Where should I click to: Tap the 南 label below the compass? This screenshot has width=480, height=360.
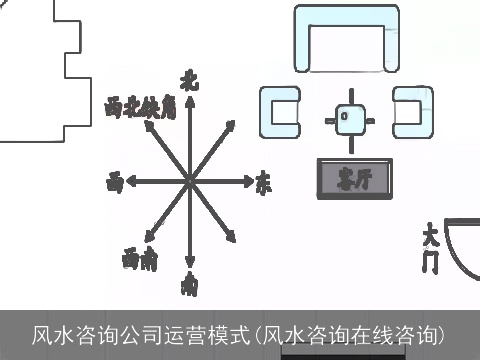coord(188,286)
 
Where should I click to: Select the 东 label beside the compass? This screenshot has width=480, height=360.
coord(263,183)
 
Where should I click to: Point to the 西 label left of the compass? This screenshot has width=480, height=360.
coord(116,183)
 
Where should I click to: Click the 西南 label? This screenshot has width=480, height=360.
coord(140,260)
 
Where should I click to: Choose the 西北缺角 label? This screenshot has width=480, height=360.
coord(140,108)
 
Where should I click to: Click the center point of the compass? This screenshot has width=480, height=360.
coord(189,183)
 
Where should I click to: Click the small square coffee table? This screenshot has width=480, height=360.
coord(346,118)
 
